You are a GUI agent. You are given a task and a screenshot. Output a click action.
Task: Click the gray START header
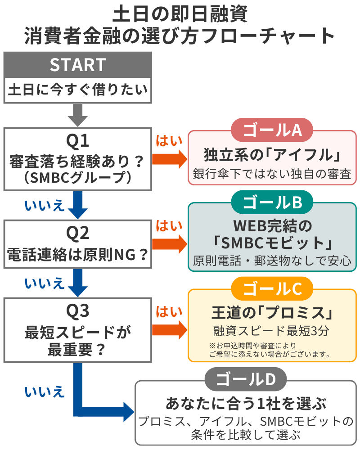pyautogui.click(x=77, y=65)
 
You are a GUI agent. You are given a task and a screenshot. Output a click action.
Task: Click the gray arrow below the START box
pyautogui.click(x=77, y=115)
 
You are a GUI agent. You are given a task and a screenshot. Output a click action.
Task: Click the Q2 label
pyautogui.click(x=77, y=233)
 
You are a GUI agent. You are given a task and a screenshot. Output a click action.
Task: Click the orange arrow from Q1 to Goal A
pyautogui.click(x=170, y=158)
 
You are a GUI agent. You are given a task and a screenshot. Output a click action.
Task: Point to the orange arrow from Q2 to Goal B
pyautogui.click(x=170, y=244)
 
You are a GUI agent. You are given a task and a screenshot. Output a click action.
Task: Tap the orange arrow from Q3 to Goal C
pyautogui.click(x=170, y=329)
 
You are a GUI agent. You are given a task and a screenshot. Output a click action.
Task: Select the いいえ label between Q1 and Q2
pyautogui.click(x=45, y=205)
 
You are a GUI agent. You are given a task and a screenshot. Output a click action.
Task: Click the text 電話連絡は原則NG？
pyautogui.click(x=77, y=255)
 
